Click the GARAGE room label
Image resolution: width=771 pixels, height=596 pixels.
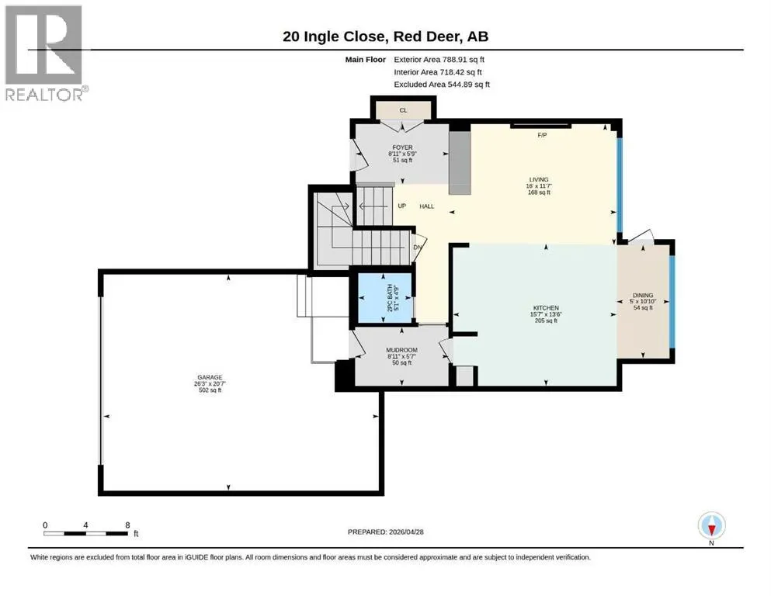pos(210,377)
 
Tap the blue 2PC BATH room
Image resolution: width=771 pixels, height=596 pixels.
pos(384,298)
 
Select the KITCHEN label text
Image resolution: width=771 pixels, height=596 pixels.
pos(546,307)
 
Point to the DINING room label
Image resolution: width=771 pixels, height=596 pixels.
pos(643,296)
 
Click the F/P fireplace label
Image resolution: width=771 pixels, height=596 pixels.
pos(542,135)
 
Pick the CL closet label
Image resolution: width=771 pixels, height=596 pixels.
pos(403,110)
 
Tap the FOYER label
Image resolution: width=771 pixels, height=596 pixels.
pos(402,147)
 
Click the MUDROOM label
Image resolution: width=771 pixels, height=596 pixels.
pos(401,350)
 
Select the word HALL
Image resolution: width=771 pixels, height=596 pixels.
pos(427,206)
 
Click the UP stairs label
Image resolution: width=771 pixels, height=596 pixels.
pos(401,206)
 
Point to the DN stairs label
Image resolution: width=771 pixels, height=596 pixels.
pos(418,247)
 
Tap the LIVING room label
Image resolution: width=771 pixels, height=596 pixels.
pos(539,179)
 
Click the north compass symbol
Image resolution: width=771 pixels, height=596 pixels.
pos(711,525)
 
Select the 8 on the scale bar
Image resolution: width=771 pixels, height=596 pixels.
pos(127,525)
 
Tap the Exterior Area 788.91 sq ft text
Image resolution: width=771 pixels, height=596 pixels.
pos(439,60)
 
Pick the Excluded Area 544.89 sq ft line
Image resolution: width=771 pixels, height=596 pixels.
pos(442,84)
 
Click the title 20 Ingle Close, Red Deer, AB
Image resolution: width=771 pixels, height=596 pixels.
pos(385,36)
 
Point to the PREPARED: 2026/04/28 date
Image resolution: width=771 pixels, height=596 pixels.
pos(385,532)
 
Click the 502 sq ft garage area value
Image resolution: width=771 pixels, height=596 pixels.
pos(210,390)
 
